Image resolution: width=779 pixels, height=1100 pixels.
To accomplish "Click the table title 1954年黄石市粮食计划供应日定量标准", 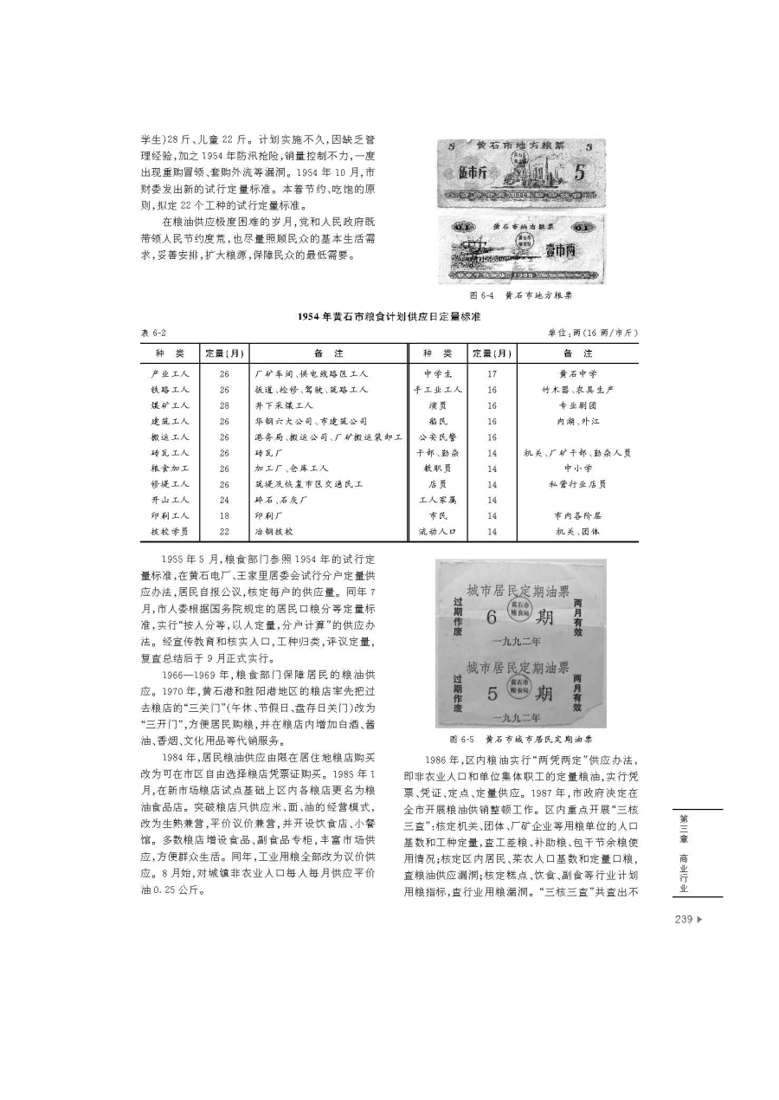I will tap(389, 317).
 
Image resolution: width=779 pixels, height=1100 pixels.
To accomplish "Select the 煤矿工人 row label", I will tap(170, 404).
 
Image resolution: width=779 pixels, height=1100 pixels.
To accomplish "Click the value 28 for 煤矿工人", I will tap(224, 404).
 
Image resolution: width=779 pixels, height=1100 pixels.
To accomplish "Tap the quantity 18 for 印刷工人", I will tap(224, 514).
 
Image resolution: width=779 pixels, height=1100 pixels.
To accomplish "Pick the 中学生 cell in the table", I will tap(437, 373).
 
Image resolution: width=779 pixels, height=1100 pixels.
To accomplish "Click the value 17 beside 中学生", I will tap(492, 373).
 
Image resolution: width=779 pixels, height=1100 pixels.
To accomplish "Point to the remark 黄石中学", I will tap(577, 373).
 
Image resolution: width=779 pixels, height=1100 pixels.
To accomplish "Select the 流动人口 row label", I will tap(437, 531).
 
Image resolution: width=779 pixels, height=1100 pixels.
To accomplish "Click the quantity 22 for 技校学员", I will tap(224, 531).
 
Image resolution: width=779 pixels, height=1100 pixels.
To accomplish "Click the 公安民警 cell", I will tap(437, 437).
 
